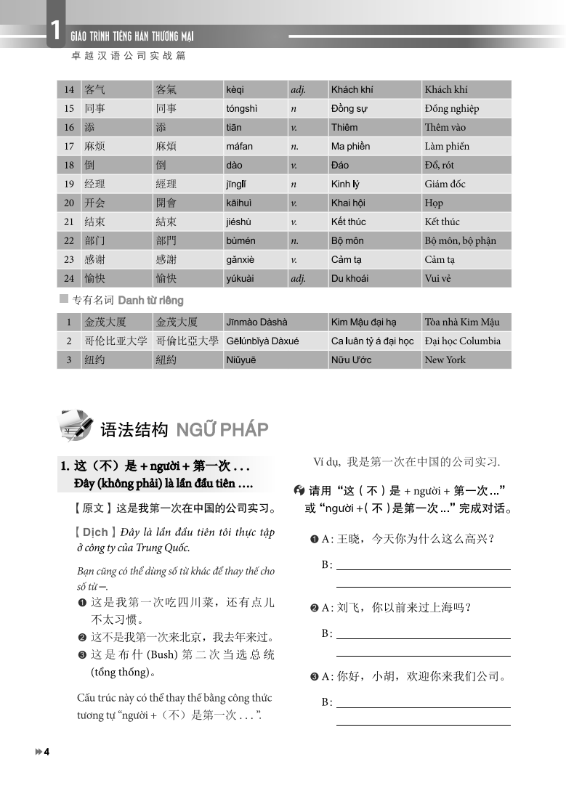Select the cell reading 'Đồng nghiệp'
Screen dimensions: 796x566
pos(451,109)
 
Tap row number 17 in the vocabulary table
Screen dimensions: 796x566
pos(69,147)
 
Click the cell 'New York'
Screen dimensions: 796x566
pos(445,360)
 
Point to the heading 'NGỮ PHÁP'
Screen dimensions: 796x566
pos(222,430)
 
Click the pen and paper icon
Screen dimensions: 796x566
pos(77,426)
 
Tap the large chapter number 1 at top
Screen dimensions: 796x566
pos(55,30)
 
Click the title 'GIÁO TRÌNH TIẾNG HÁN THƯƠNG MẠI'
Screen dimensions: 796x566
pos(132,36)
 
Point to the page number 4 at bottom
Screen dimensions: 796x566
pos(46,752)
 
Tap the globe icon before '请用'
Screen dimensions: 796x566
pos(299,492)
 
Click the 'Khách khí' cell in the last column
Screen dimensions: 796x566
pos(445,90)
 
